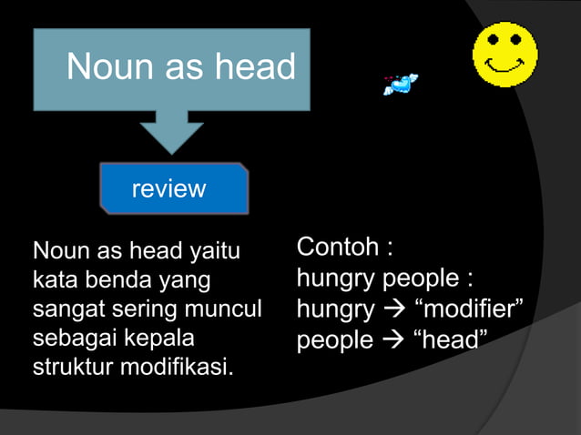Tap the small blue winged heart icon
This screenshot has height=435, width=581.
point(401,85)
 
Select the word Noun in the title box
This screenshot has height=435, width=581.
point(99,66)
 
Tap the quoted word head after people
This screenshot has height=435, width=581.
point(450,340)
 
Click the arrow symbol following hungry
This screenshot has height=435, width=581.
point(392,310)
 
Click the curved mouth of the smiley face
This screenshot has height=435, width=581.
point(504,66)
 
